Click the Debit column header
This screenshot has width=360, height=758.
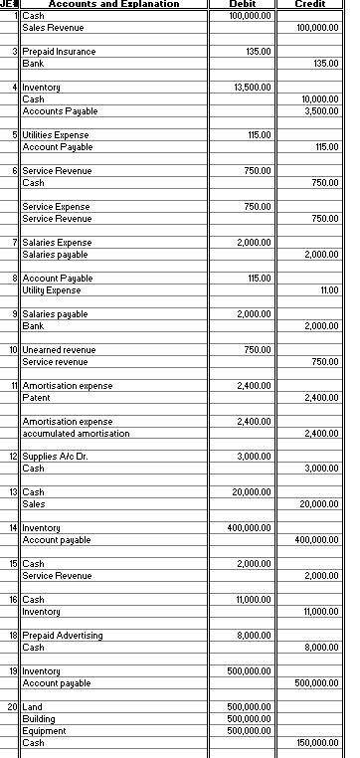(246, 5)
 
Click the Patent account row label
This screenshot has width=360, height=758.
(36, 398)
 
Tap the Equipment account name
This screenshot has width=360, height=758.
(43, 731)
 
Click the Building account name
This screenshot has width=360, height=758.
(39, 719)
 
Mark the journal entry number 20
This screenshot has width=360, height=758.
(12, 707)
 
